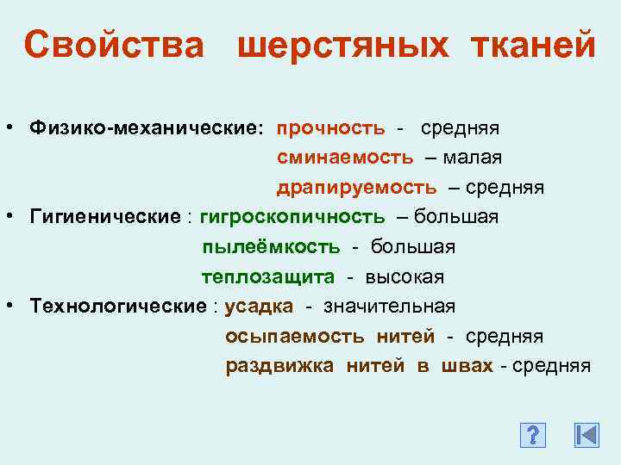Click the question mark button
(x=534, y=436)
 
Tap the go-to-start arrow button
(x=586, y=436)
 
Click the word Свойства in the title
(x=115, y=45)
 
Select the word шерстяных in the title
(x=342, y=45)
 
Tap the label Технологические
(x=117, y=306)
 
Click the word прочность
(x=330, y=128)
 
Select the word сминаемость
(x=345, y=158)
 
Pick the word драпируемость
(x=356, y=187)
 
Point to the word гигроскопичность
(x=292, y=216)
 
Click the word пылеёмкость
(x=271, y=247)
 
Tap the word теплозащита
(x=267, y=276)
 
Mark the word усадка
(x=259, y=306)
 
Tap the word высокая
(x=405, y=276)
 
